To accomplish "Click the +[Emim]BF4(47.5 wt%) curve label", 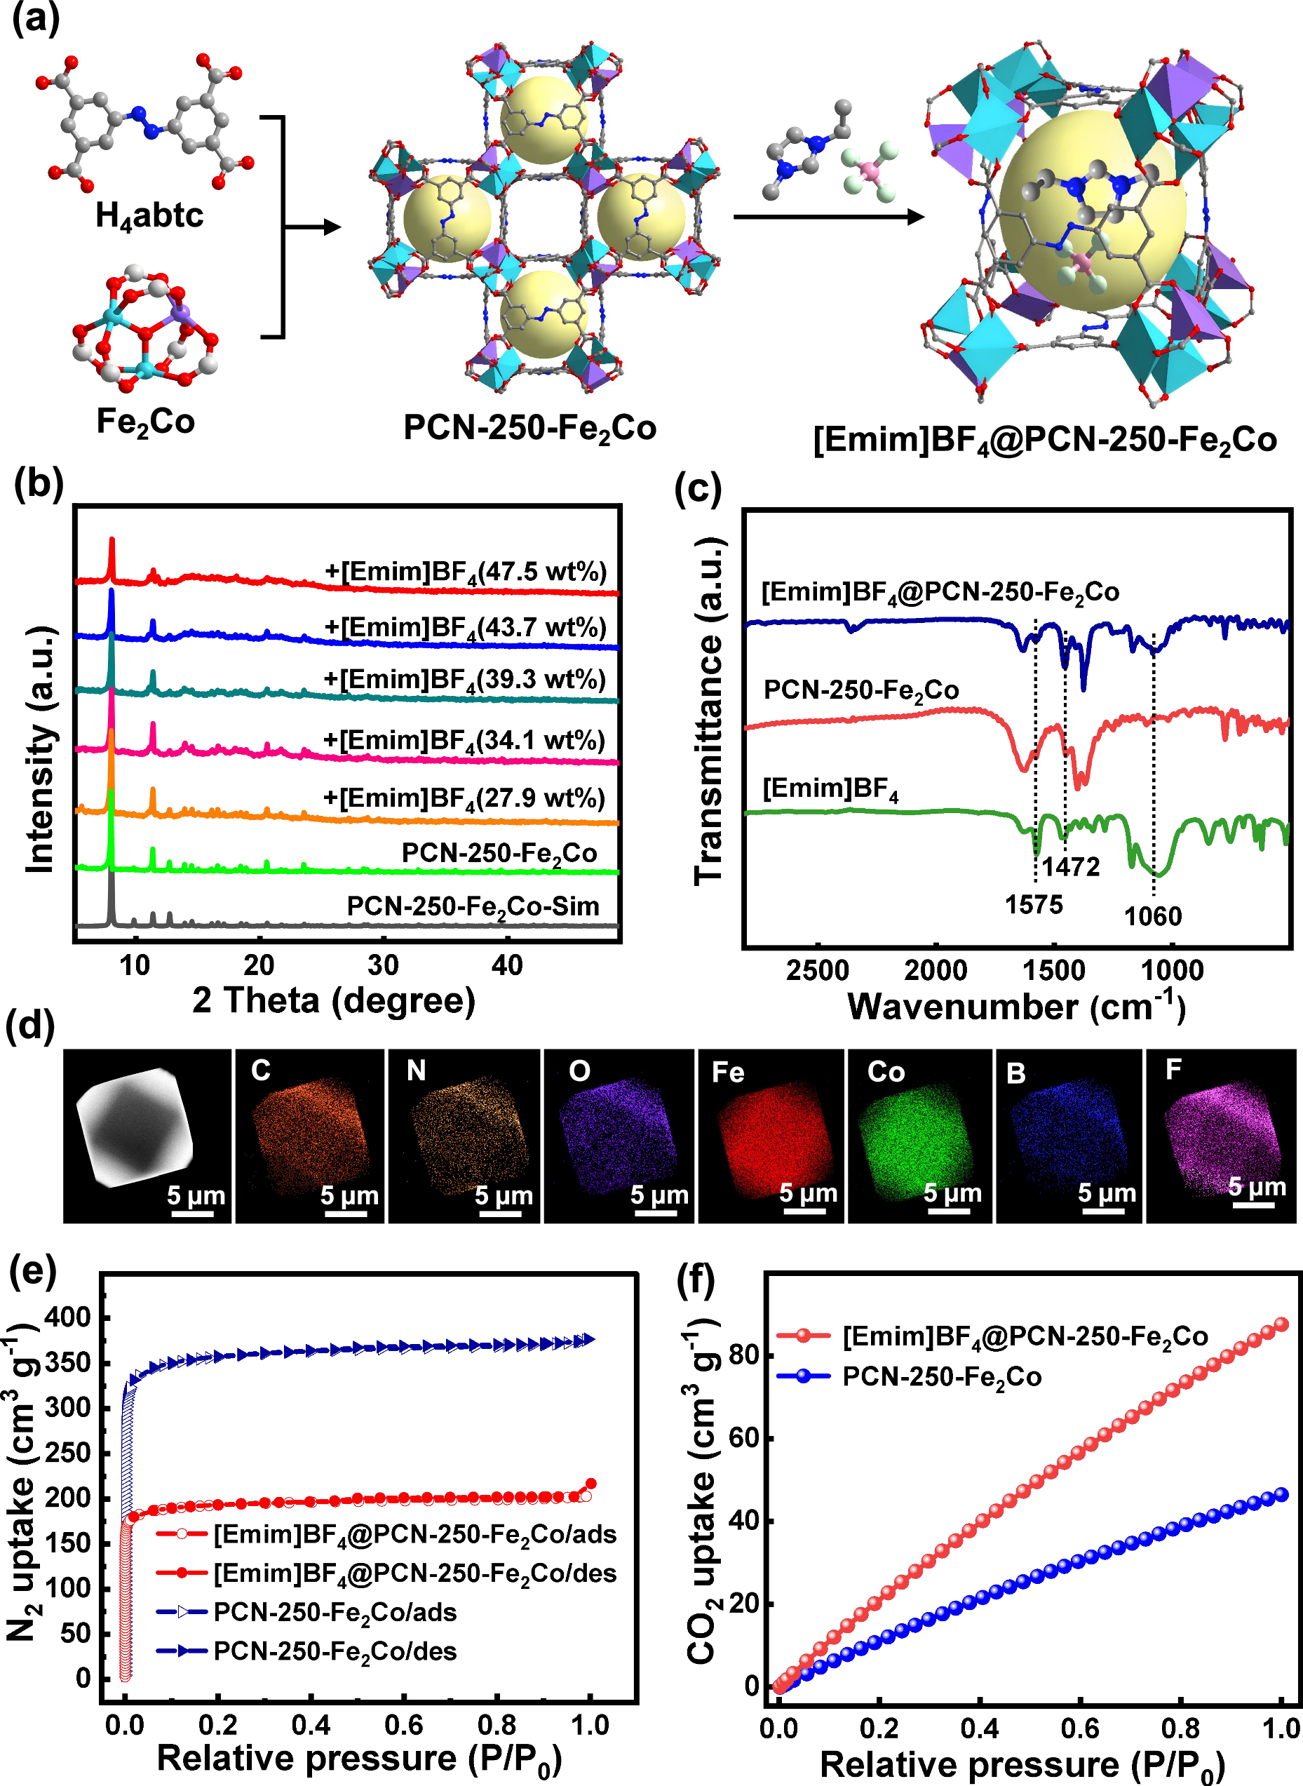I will click(466, 572).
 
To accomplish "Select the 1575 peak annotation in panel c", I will click(1033, 905).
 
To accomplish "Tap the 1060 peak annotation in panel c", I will click(1152, 917).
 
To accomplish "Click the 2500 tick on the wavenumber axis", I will click(818, 971).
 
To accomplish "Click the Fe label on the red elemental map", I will click(727, 1072).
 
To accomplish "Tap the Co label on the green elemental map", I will click(886, 1072).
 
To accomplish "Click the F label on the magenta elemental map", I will click(1173, 1070).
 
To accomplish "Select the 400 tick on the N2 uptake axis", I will click(68, 1317).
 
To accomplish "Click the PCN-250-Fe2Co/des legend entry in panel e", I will click(335, 1651).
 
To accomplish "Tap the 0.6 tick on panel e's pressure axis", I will click(404, 1725).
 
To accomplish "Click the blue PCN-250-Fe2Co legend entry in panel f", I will click(941, 1376).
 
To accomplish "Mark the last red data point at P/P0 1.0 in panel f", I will click(1282, 1324).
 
